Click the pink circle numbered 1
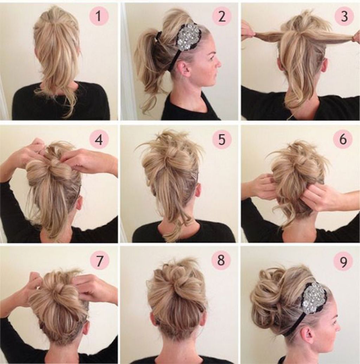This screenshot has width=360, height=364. [99, 16]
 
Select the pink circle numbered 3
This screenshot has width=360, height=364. [344, 16]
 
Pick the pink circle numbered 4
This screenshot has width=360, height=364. [99, 140]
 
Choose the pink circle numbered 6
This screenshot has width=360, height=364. [343, 139]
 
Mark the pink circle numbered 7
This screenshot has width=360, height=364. [99, 261]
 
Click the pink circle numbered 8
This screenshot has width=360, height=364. [221, 260]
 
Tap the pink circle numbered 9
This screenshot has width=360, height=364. [343, 261]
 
